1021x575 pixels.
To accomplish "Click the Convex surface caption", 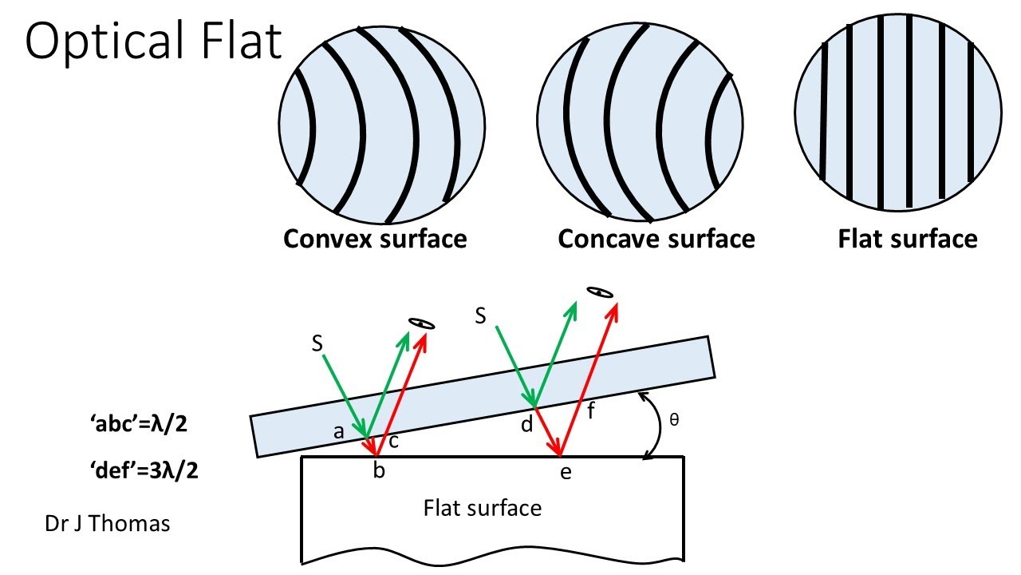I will click(x=375, y=239).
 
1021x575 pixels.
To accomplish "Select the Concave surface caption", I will click(x=656, y=239).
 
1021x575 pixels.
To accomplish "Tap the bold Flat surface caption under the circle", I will click(x=907, y=239).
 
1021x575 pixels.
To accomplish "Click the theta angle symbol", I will click(x=674, y=418).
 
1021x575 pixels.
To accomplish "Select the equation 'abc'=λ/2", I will click(x=140, y=424).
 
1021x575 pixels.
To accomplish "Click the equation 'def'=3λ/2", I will click(x=144, y=470).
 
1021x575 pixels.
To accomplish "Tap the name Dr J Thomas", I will click(x=107, y=525).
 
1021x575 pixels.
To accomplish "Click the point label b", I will click(x=380, y=471).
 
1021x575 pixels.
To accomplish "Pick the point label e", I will click(x=566, y=472).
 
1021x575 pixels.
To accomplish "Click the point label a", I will click(x=339, y=432).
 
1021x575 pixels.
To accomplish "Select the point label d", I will click(x=526, y=425).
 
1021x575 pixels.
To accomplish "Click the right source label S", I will click(x=481, y=315).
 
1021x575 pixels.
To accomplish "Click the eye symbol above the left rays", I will click(x=420, y=324).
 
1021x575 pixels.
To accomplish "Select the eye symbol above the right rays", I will click(x=599, y=292).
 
